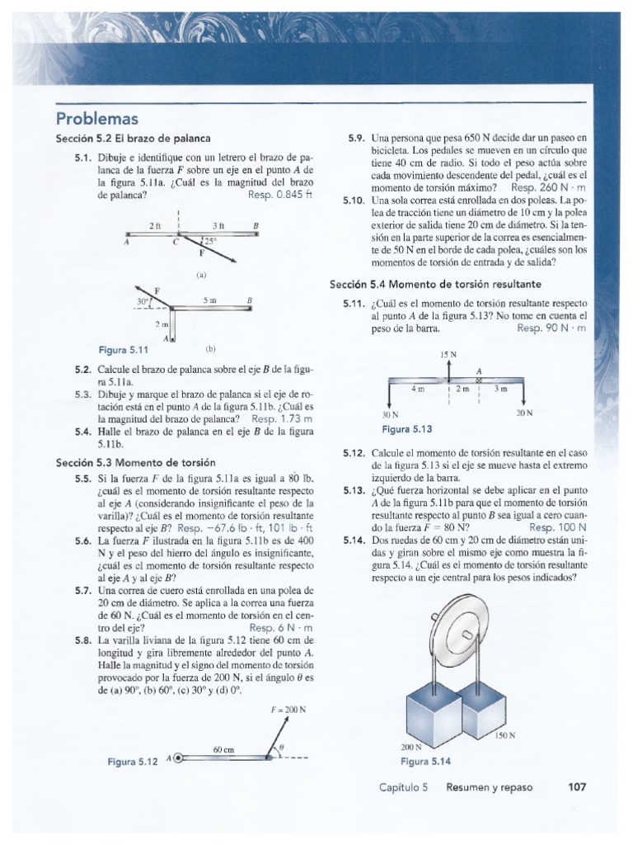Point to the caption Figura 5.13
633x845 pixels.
(x=406, y=429)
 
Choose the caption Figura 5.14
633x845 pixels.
(x=425, y=760)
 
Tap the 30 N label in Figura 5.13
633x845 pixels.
(x=390, y=413)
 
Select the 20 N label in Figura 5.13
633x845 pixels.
(x=524, y=412)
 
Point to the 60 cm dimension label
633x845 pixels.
(x=224, y=749)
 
